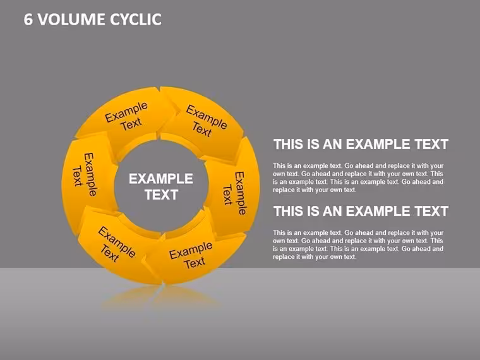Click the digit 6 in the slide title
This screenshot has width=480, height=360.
(28, 20)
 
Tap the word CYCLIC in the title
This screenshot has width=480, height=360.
(136, 20)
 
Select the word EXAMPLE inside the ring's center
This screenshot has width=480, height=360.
(160, 179)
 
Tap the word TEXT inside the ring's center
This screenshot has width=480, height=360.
(161, 195)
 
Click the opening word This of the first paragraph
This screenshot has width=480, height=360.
(279, 166)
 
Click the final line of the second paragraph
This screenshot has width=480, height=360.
(315, 257)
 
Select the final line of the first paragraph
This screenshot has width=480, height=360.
(315, 190)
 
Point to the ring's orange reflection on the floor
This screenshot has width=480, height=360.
(160, 297)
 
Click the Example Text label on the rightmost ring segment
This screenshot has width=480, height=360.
(235, 193)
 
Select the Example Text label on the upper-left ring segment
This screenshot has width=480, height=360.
(127, 116)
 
